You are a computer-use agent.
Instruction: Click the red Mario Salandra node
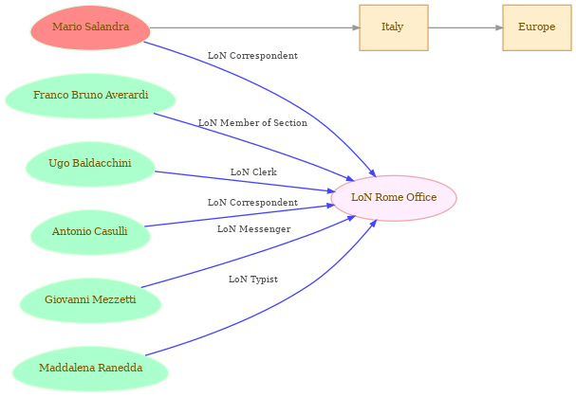click(90, 27)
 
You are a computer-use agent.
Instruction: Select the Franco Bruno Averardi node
click(90, 96)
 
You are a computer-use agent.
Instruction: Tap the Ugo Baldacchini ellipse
click(90, 164)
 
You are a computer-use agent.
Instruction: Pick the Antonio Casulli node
click(90, 232)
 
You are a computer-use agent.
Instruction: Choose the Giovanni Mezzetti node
click(90, 300)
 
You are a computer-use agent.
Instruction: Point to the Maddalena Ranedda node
click(90, 369)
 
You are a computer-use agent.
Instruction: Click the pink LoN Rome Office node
click(394, 198)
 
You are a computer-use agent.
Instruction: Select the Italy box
click(394, 27)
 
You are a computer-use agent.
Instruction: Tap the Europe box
click(537, 27)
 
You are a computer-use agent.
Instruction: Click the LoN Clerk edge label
click(253, 172)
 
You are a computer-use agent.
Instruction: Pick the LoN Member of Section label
click(252, 123)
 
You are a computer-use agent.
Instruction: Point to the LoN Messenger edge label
click(253, 229)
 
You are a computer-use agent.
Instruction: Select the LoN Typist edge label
click(253, 280)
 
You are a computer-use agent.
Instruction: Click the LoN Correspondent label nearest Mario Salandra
click(252, 55)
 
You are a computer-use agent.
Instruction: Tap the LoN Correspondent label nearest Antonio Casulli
click(252, 202)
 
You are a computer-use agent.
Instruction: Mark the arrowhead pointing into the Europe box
click(499, 27)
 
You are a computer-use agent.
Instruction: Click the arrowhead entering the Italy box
click(356, 27)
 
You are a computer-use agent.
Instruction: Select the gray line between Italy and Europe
click(465, 27)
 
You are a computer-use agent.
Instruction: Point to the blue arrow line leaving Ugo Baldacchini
click(245, 181)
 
